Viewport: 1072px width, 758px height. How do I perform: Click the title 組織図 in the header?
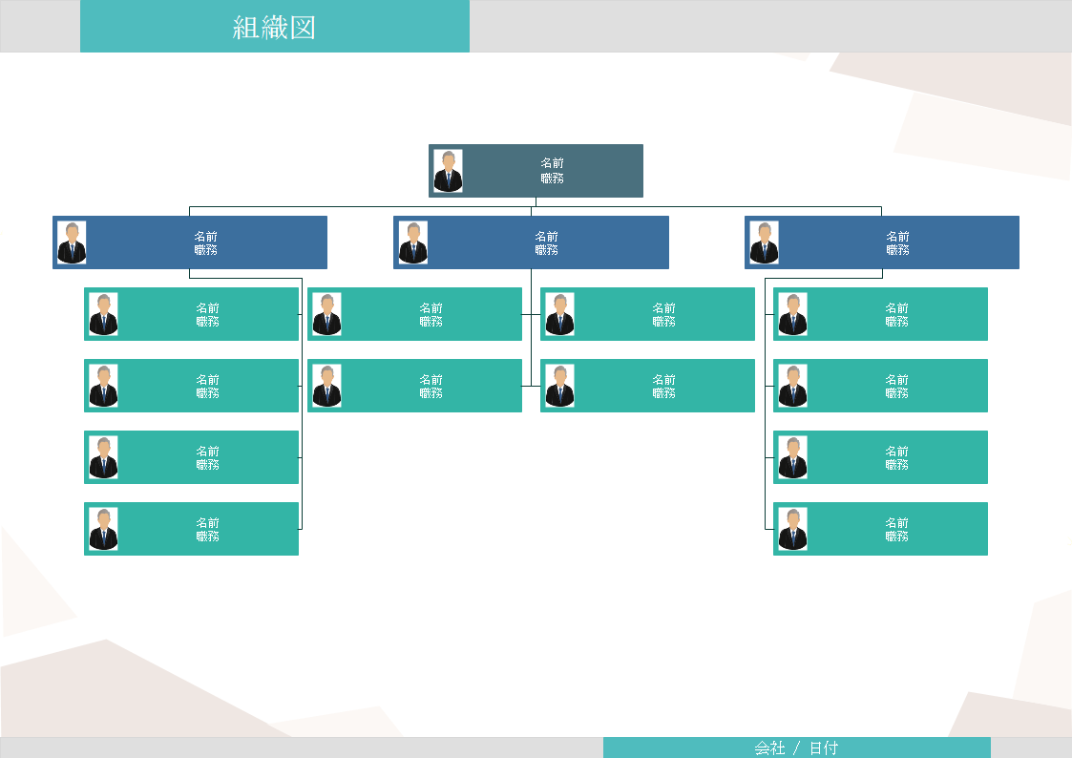[274, 27]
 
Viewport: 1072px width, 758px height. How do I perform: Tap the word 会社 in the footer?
[769, 748]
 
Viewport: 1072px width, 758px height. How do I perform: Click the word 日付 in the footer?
[824, 748]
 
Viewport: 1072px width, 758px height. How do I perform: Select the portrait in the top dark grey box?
[448, 171]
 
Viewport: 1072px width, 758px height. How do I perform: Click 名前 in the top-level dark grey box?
[552, 163]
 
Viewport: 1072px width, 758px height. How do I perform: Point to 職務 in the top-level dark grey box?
[552, 178]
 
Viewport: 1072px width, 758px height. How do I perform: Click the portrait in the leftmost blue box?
[72, 242]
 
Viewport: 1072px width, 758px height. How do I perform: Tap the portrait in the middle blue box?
[413, 242]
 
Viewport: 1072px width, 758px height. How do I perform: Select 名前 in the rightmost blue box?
[897, 236]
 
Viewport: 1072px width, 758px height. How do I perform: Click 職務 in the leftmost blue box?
[205, 250]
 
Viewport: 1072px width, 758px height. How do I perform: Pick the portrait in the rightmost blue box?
[764, 242]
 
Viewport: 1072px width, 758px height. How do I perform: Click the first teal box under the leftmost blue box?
[191, 314]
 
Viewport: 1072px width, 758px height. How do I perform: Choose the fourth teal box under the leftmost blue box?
[191, 529]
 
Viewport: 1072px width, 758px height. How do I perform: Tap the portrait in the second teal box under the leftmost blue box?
[103, 386]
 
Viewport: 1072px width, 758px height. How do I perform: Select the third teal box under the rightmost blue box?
[880, 457]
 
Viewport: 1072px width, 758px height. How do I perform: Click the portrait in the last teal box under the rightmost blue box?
[792, 529]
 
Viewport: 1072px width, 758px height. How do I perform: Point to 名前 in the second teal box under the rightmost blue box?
[896, 379]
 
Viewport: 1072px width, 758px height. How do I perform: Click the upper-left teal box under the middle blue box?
[414, 314]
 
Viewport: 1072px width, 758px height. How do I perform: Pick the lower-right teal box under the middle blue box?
[647, 386]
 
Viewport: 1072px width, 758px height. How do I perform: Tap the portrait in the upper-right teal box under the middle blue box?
[559, 314]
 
